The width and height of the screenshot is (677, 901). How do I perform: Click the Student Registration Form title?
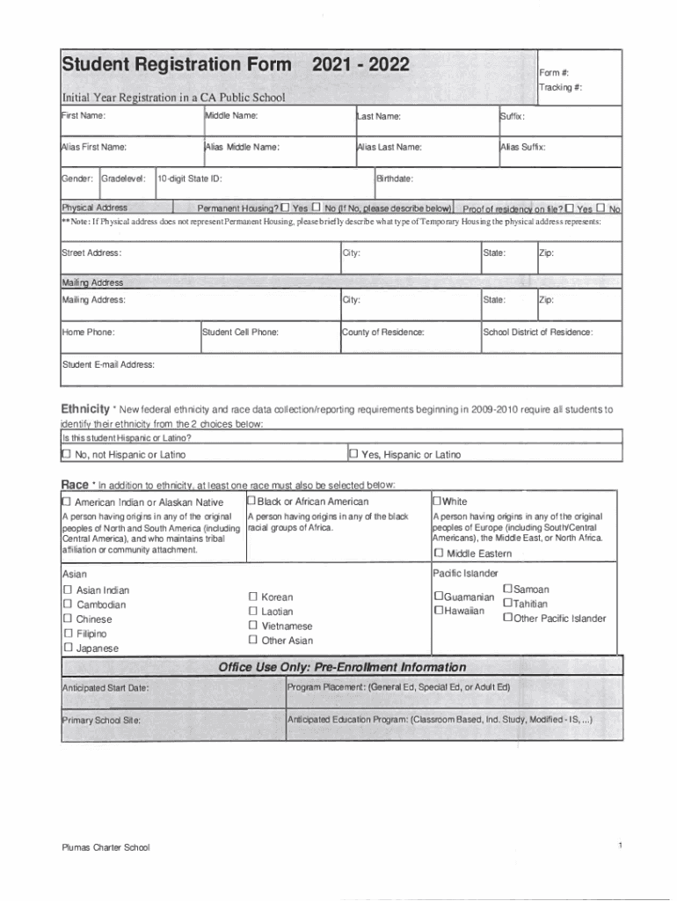(x=176, y=66)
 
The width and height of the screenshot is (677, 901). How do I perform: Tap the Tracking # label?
(x=561, y=87)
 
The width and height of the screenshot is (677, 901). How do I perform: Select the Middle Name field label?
(x=231, y=116)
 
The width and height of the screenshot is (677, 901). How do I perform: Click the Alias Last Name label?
(x=389, y=147)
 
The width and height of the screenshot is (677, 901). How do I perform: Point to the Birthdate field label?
(x=395, y=179)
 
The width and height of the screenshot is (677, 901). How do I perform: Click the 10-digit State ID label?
(x=189, y=179)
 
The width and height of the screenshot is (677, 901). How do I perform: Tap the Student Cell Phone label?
(x=240, y=332)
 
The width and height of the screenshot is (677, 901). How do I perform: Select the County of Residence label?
(x=383, y=332)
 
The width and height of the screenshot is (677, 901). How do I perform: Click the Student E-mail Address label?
(x=108, y=364)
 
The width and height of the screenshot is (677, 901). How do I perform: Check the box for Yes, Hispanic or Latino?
(x=353, y=454)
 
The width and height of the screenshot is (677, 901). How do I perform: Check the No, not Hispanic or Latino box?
(x=66, y=454)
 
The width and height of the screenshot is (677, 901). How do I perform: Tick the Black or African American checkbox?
(x=251, y=502)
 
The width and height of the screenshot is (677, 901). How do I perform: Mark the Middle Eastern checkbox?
(x=438, y=553)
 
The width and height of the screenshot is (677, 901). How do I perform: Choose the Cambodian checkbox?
(x=67, y=604)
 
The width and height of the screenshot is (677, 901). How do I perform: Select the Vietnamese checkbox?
(x=253, y=626)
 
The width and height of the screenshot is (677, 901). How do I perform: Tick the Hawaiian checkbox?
(x=437, y=611)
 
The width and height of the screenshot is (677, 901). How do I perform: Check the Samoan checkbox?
(x=506, y=589)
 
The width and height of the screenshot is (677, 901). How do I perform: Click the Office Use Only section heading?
(x=342, y=667)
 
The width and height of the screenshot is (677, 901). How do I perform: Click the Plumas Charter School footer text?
(x=106, y=847)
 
